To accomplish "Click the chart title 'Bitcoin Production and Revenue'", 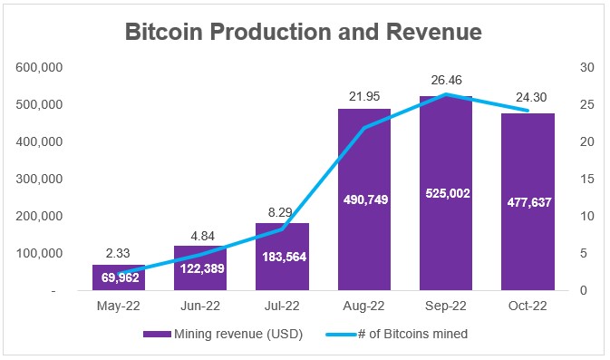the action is [x=304, y=32].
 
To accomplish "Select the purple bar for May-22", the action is [x=119, y=277].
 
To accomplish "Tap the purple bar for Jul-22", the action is [x=282, y=257].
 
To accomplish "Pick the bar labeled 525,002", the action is [x=446, y=193].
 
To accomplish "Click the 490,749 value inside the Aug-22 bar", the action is [x=365, y=199].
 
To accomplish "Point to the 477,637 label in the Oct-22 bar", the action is [x=529, y=202].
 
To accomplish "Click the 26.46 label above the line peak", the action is [x=446, y=80].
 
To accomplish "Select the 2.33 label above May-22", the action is [x=118, y=253].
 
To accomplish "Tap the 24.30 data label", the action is [x=531, y=97].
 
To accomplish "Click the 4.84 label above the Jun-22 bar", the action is [x=203, y=236].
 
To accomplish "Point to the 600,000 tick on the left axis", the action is [x=39, y=67].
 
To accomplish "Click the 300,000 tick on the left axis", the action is [x=39, y=179].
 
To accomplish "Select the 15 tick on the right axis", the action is [x=587, y=179].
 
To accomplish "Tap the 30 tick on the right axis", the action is [x=587, y=67].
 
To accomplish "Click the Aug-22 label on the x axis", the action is [x=363, y=306].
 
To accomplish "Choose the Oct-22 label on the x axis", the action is [x=528, y=306].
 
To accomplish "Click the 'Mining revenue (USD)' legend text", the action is [x=238, y=334].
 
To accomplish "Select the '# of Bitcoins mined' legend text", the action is [x=412, y=334].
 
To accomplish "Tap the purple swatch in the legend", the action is [x=157, y=334].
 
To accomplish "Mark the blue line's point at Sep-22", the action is [x=446, y=93].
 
